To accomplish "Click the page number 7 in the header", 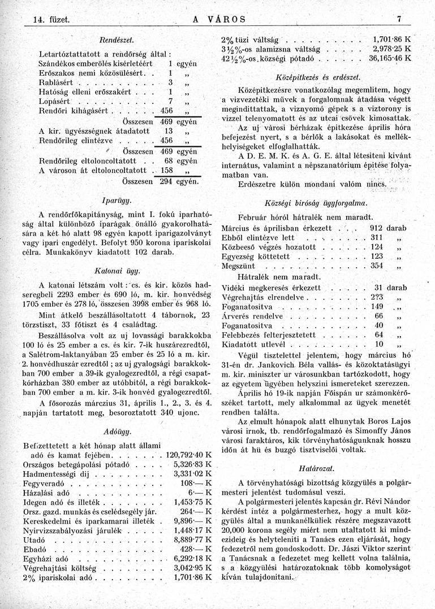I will coord(399,19).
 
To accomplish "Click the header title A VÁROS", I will coord(219,19).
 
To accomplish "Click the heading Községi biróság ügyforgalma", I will coord(316,202).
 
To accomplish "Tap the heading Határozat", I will coord(317,468).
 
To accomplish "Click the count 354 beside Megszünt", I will coord(377,266).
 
